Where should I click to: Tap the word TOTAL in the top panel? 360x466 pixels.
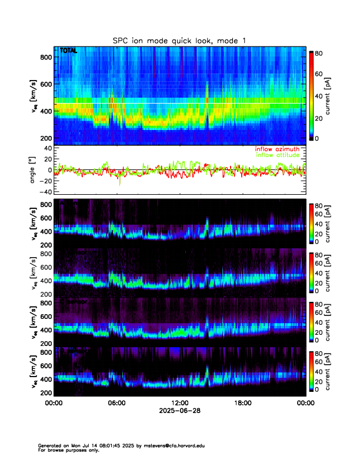68,51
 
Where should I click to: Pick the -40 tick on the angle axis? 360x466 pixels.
45,192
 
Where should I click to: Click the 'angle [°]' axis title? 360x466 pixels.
33,170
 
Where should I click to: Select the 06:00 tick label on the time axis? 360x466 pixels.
116,403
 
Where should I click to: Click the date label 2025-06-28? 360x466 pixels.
179,411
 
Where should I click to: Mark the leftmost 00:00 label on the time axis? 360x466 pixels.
54,403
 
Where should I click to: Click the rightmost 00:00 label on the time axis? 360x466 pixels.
304,403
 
